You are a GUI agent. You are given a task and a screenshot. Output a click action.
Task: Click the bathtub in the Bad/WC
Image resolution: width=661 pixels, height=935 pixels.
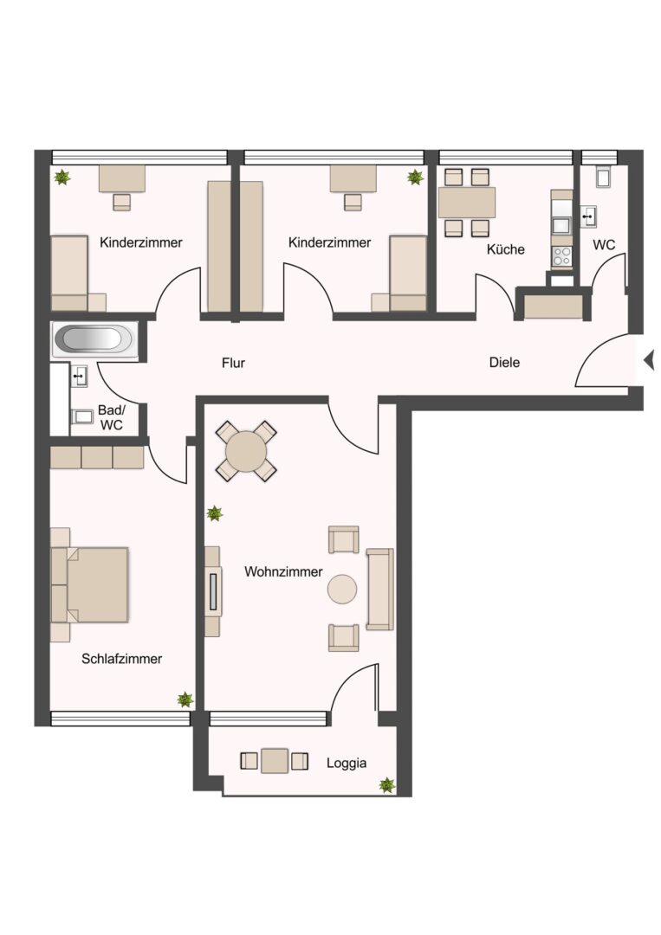(x=94, y=339)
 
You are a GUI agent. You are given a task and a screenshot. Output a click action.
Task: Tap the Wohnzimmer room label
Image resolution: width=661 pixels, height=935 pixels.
(x=283, y=572)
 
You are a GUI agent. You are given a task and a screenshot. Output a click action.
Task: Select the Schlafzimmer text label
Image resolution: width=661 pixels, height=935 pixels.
(x=121, y=659)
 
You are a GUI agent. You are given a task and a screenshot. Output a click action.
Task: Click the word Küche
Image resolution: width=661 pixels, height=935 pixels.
(x=506, y=249)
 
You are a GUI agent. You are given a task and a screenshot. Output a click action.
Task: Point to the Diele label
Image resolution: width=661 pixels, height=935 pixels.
(x=505, y=363)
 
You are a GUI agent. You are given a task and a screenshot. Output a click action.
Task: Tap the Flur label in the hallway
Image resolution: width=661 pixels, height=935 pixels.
(x=233, y=363)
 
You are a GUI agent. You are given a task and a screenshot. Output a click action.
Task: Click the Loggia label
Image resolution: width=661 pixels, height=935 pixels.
(x=347, y=764)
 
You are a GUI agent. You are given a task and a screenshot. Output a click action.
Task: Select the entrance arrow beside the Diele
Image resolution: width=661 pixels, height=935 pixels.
(x=649, y=360)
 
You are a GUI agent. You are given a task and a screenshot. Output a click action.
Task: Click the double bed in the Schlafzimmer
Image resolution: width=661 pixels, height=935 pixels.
(x=90, y=585)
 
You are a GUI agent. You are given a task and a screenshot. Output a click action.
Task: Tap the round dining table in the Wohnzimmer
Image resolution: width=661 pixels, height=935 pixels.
(x=246, y=451)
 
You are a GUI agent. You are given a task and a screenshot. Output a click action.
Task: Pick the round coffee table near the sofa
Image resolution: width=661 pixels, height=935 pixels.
(x=342, y=590)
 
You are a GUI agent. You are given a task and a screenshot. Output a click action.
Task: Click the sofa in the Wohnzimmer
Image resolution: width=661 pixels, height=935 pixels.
(x=380, y=590)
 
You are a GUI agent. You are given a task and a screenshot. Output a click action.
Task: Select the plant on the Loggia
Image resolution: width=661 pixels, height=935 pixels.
(x=387, y=784)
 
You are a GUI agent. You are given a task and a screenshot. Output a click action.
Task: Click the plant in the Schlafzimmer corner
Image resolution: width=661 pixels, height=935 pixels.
(x=185, y=699)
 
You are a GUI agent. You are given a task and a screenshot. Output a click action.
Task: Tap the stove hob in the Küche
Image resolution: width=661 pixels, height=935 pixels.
(x=561, y=256)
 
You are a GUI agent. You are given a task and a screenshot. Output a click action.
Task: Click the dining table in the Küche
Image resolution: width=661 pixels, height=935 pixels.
(x=467, y=203)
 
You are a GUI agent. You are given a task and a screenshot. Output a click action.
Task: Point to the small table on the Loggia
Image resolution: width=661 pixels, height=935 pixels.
(x=275, y=761)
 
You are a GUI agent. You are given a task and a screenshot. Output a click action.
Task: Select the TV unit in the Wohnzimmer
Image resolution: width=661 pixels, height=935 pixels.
(x=212, y=591)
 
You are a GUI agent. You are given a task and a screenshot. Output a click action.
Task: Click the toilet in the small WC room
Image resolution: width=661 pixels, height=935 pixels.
(x=603, y=177)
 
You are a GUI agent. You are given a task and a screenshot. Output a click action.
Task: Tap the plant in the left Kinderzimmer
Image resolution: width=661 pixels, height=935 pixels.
(x=62, y=177)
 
